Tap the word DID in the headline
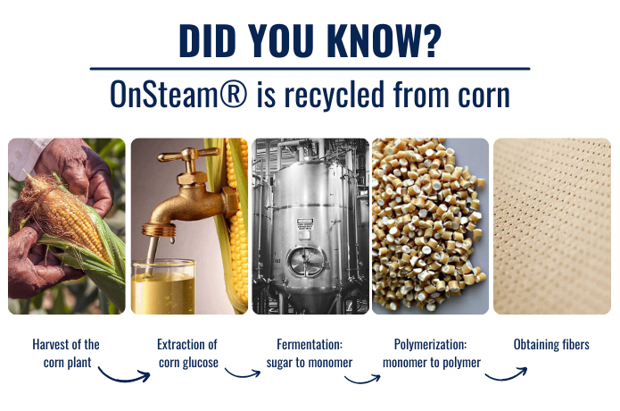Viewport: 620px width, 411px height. coord(207,41)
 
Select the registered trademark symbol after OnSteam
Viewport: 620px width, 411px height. coord(233,94)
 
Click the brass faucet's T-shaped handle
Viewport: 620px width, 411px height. coord(189,155)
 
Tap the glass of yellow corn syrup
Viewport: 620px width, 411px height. coord(163,287)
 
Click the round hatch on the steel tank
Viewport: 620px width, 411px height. coord(304,262)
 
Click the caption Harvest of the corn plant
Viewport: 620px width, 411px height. coord(66,353)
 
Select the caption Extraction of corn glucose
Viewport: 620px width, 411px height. coord(188,353)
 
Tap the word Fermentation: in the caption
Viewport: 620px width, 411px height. coord(310,345)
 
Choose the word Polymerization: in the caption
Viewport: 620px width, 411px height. coord(430,345)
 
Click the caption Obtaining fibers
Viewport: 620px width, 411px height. coord(551,345)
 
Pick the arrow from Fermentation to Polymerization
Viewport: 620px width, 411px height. coord(362,381)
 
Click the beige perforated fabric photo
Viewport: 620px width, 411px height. coord(552,226)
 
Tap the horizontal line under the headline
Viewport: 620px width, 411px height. coord(310,69)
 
